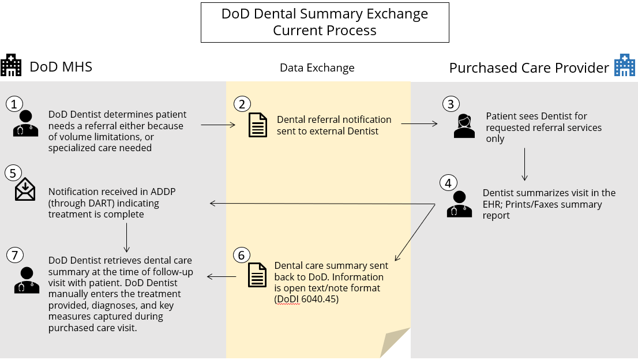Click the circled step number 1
point(14,103)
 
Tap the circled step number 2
point(242,104)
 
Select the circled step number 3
point(451,104)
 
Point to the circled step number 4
point(448,183)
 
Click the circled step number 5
point(13,172)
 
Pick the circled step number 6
point(242,255)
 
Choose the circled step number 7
point(14,255)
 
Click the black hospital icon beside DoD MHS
point(11,66)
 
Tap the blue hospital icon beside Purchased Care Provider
point(624,66)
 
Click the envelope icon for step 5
point(25,190)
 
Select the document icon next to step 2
point(257,125)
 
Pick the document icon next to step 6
point(257,275)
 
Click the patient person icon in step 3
point(464,126)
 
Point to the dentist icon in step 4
point(459,204)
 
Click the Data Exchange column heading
point(317,67)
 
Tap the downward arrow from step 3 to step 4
point(524,164)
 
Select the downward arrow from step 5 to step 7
point(126,236)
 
